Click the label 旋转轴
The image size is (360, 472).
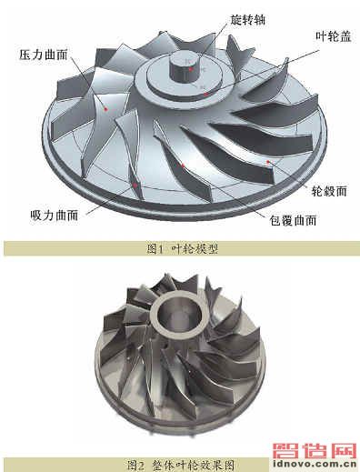click(x=247, y=20)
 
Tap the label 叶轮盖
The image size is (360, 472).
click(x=334, y=36)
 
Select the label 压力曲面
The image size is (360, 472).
click(x=44, y=55)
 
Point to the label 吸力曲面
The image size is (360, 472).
click(x=55, y=216)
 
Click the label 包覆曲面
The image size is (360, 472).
click(x=294, y=220)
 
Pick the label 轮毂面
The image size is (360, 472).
click(x=329, y=191)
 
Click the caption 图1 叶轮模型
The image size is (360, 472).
click(x=183, y=249)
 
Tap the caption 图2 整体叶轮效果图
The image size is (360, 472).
click(x=181, y=465)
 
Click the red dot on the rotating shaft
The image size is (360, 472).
click(x=191, y=69)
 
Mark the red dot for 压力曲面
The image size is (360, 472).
click(x=105, y=109)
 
